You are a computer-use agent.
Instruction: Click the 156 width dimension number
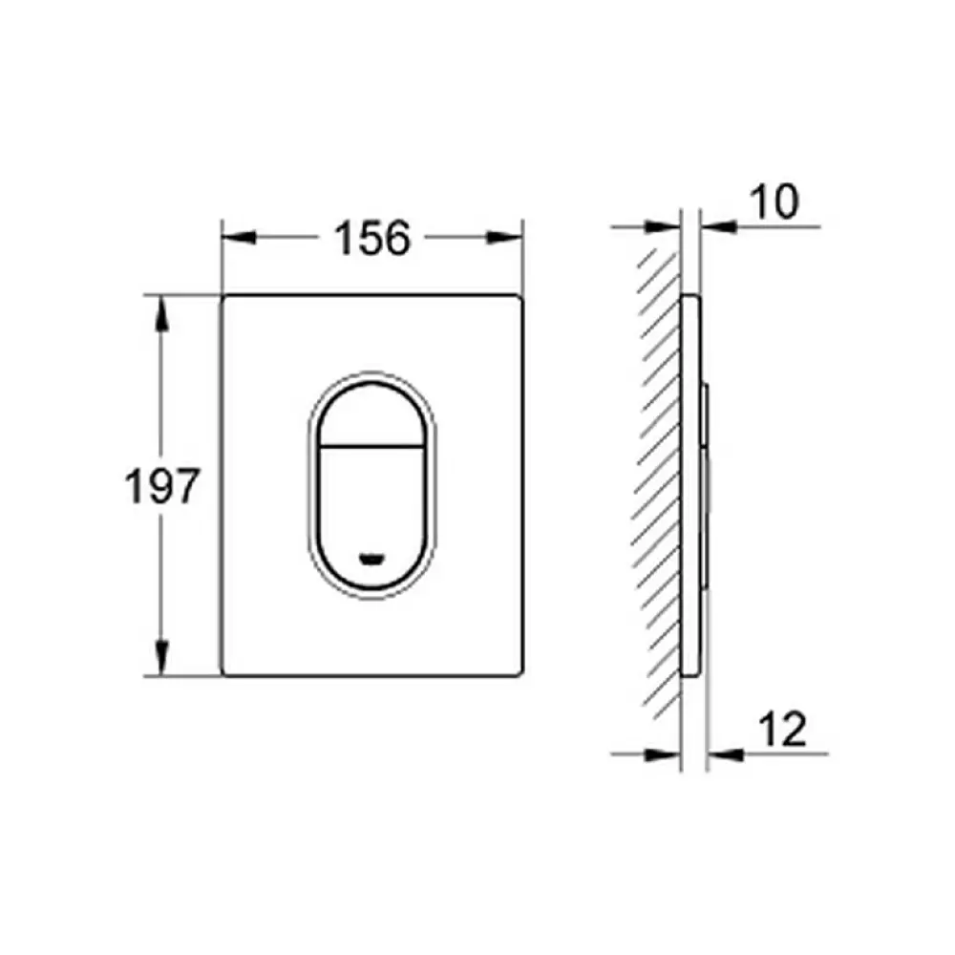pos(372,238)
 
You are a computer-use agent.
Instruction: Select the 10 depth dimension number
pos(775,202)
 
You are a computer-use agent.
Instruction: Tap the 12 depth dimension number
pos(783,729)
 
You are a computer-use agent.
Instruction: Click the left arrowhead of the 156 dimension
pos(239,238)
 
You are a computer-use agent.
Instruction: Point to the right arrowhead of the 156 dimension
pos(505,238)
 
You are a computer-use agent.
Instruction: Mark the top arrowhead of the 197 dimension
pos(161,313)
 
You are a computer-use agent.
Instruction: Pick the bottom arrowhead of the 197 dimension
pos(161,658)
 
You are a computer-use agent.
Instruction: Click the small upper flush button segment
pos(371,415)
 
